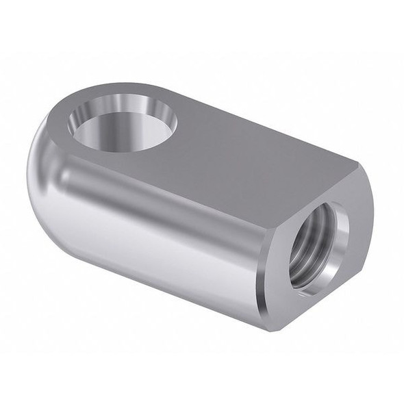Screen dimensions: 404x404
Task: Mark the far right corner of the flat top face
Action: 357,163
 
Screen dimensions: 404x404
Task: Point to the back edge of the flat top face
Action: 260,123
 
